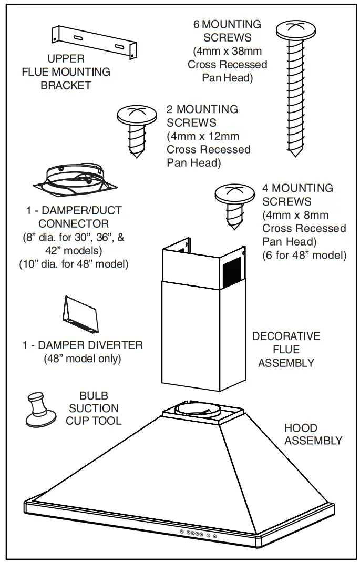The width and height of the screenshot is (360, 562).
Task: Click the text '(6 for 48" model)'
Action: pyautogui.click(x=304, y=256)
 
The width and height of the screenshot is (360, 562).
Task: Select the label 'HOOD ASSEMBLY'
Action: pyautogui.click(x=313, y=434)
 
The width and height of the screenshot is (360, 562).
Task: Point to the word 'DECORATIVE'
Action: pyautogui.click(x=286, y=336)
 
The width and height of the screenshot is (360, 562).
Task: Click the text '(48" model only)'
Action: pyautogui.click(x=83, y=359)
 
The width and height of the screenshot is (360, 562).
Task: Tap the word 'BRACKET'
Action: pyautogui.click(x=66, y=85)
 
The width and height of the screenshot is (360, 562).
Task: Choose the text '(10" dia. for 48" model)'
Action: pyautogui.click(x=74, y=264)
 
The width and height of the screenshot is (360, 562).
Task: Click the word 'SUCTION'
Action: pyautogui.click(x=94, y=408)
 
